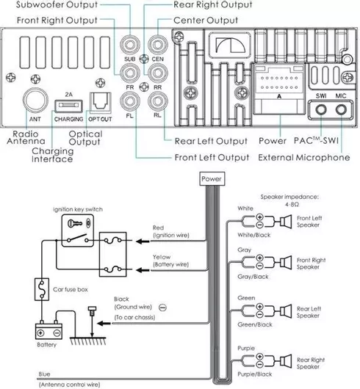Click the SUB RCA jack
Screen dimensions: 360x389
(x=129, y=45)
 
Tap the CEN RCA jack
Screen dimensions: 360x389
(x=158, y=45)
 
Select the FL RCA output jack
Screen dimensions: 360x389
(x=129, y=101)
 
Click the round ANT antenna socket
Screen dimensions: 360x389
(x=35, y=101)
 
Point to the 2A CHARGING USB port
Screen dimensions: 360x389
(x=68, y=106)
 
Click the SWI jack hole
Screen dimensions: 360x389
(x=321, y=109)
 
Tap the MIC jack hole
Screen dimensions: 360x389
(x=341, y=109)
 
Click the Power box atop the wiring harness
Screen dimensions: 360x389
(x=212, y=178)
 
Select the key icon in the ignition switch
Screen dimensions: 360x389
(x=74, y=223)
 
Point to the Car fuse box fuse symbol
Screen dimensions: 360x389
(x=42, y=289)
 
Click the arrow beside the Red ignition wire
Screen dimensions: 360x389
(x=143, y=241)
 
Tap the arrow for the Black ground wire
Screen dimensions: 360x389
(x=104, y=323)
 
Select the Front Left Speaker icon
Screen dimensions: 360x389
(x=286, y=221)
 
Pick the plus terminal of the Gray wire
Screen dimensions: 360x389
(x=259, y=258)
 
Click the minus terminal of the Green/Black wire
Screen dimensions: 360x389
(x=259, y=315)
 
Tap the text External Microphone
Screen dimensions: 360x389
(x=304, y=157)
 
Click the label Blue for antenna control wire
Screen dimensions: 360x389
(x=44, y=374)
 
